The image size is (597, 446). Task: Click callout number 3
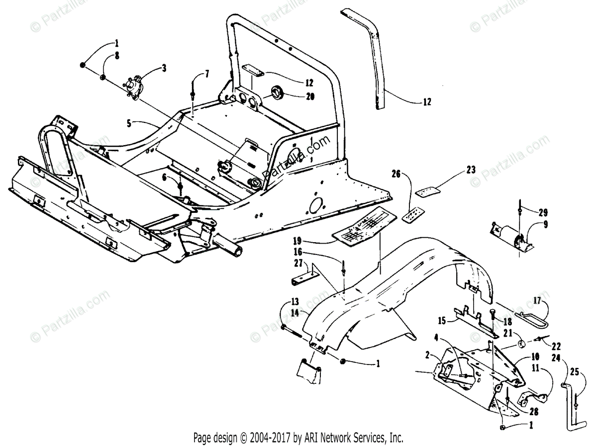[164, 68]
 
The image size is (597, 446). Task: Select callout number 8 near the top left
[117, 56]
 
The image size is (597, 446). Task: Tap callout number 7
[207, 74]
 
